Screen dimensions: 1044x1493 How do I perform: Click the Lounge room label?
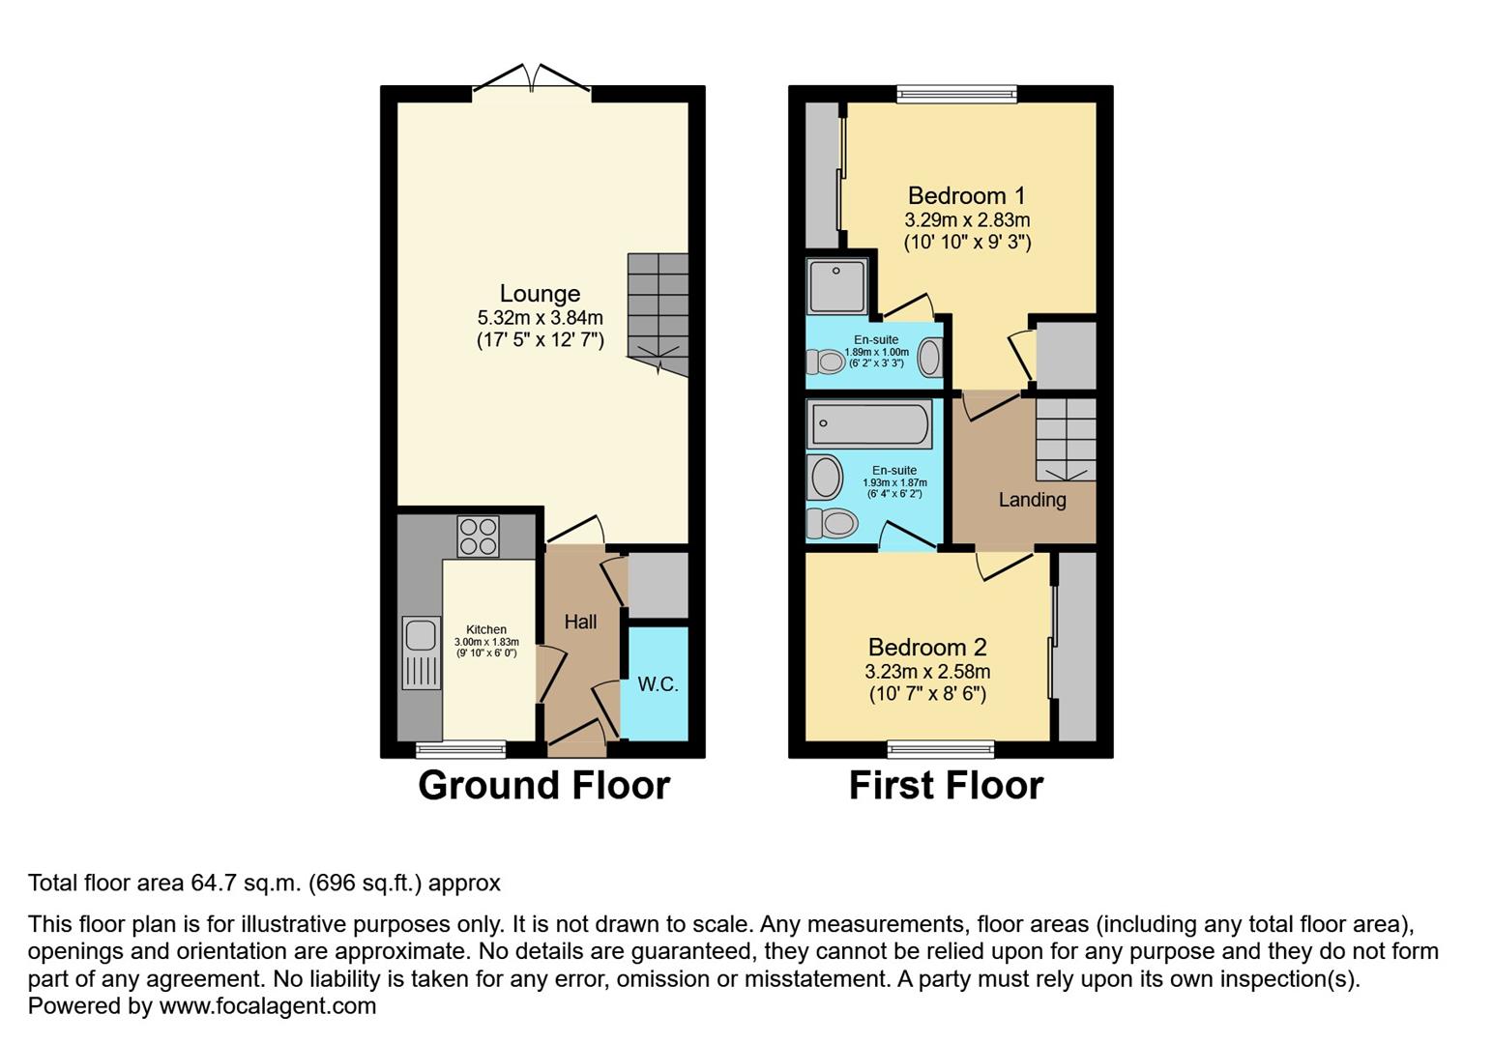540,294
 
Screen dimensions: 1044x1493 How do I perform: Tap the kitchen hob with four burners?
478,536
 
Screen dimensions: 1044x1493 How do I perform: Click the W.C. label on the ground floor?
658,684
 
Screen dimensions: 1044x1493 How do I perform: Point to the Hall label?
580,622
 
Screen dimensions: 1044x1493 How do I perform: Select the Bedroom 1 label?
966,196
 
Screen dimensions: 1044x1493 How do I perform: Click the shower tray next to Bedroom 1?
837,285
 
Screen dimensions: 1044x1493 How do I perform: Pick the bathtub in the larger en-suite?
869,424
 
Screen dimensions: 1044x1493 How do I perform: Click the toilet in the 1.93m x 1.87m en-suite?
833,523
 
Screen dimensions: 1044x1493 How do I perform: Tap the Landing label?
1032,500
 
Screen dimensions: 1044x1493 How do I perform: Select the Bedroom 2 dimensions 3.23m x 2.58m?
927,671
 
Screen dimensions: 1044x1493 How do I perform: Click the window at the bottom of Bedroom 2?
941,748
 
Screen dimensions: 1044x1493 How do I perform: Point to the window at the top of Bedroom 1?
956,94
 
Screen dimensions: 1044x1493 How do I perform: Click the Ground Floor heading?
543,785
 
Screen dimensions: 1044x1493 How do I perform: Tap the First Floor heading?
946,785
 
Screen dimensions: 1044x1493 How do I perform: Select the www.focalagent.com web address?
267,1005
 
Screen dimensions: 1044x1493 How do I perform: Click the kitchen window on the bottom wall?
460,748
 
